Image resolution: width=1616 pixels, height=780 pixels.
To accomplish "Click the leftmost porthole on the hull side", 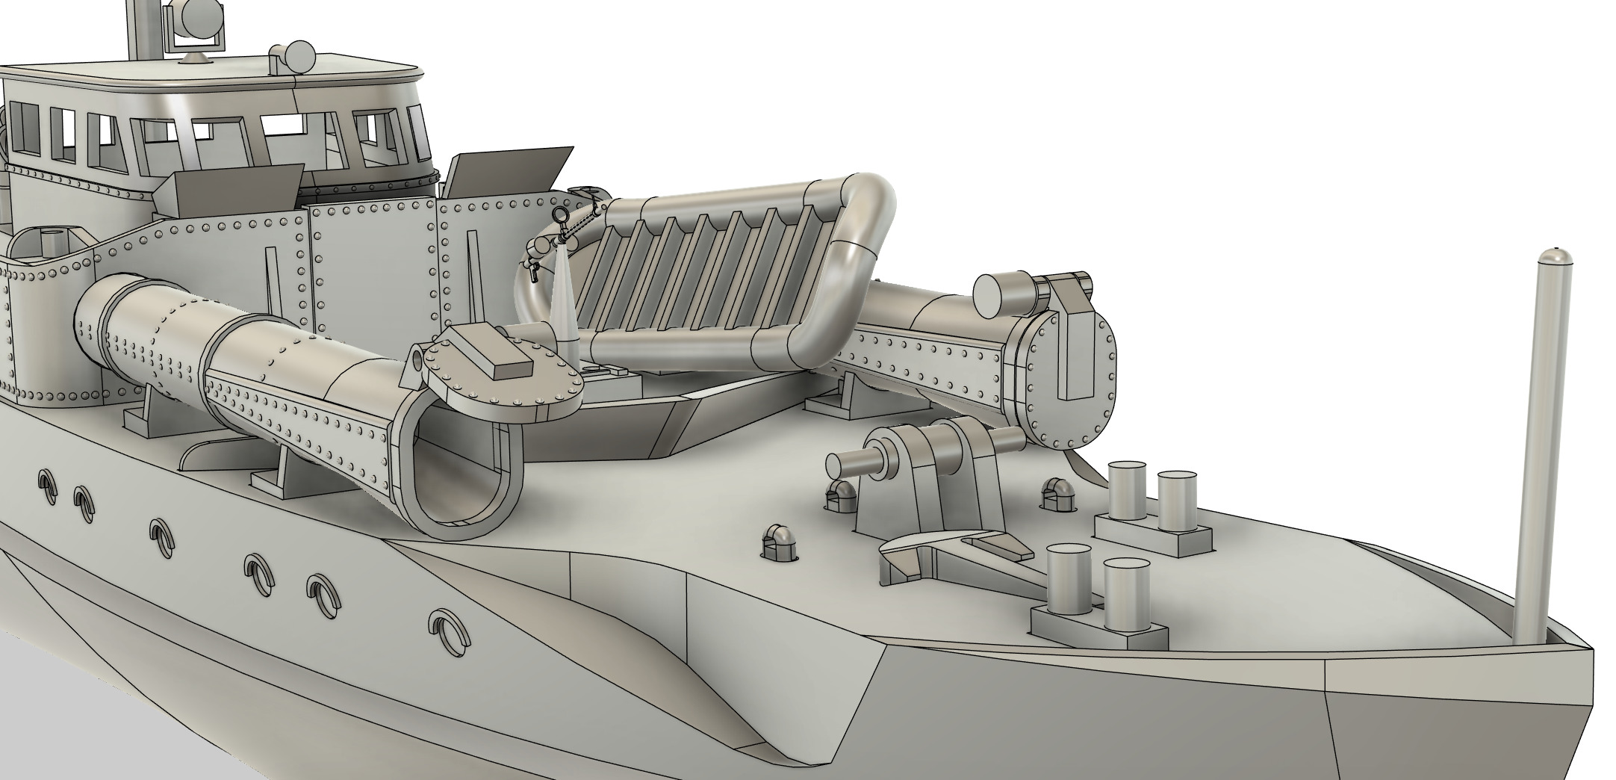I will [46, 486].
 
